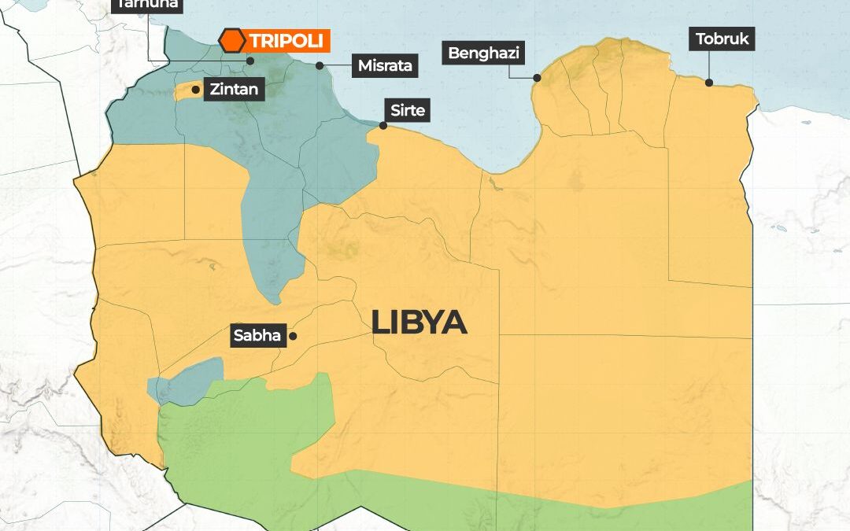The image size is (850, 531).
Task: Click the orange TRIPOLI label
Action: coord(286,41)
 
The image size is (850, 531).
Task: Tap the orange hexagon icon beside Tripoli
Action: coord(231,41)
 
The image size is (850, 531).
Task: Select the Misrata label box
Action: coord(385,65)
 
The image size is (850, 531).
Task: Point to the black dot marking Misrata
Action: coord(320,65)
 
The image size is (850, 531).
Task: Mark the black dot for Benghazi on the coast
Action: coord(537,78)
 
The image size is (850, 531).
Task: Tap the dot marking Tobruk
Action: coord(708,82)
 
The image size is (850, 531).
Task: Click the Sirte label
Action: coord(407,111)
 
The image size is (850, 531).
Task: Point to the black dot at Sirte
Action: coord(383,125)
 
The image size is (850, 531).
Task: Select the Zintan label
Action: coord(234,89)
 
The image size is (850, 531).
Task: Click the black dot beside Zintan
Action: coord(195,90)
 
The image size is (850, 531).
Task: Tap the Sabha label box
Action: coord(257,336)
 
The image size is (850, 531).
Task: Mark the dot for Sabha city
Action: coord(292,336)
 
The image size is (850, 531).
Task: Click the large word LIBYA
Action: coord(419,323)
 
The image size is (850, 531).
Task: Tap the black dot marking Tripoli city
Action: coord(250,60)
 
